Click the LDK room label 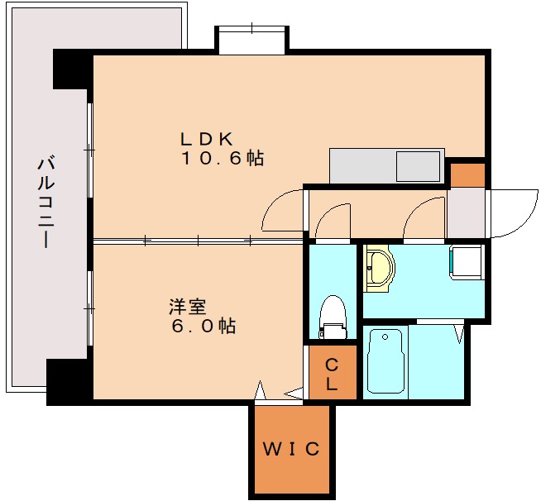tap(206, 139)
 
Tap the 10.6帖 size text tap(223, 158)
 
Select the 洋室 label tap(187, 307)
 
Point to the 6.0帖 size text tap(203, 326)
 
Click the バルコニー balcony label tap(46, 203)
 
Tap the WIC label tap(291, 449)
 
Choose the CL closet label tap(332, 375)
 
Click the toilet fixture tap(333, 317)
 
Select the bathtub tap(385, 361)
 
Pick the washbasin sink tap(379, 268)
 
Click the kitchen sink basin tap(419, 166)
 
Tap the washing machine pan tap(466, 262)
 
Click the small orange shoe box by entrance tap(467, 175)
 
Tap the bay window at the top tap(251, 40)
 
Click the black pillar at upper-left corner tap(73, 69)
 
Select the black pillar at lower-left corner tap(69, 382)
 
